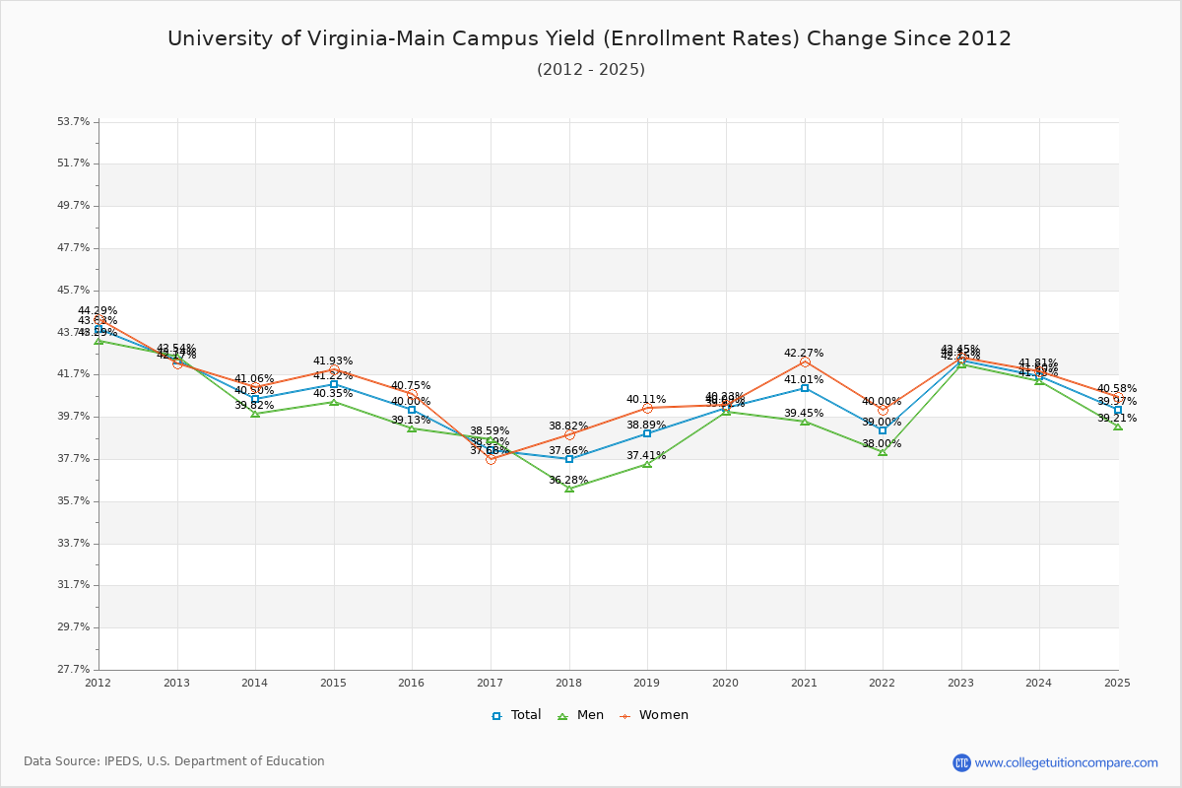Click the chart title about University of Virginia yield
589,39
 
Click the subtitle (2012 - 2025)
591,70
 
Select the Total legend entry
517,715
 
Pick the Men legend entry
582,715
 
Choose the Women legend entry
654,715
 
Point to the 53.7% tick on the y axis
74,122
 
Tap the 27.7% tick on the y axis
74,670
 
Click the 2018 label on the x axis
568,683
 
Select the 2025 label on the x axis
1117,683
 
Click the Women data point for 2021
805,362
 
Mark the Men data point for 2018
569,489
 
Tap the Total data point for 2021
805,388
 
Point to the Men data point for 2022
883,452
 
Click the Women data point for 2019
647,408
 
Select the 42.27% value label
804,353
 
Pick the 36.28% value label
568,481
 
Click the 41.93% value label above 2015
333,361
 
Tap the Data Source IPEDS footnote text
174,761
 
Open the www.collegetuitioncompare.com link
1066,762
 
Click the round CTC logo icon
961,762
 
